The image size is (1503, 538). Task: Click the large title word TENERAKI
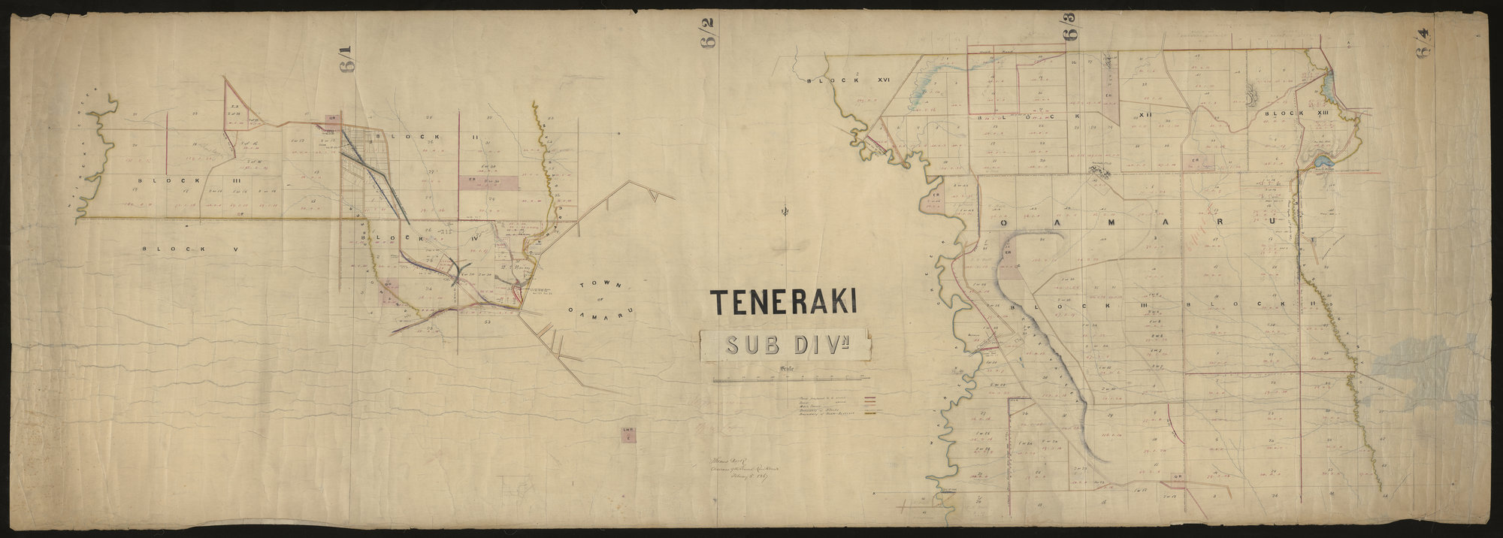(786, 302)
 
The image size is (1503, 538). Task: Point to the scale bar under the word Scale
(788, 380)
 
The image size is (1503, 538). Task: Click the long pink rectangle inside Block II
(488, 182)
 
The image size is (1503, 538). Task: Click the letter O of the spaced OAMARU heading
(1005, 224)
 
